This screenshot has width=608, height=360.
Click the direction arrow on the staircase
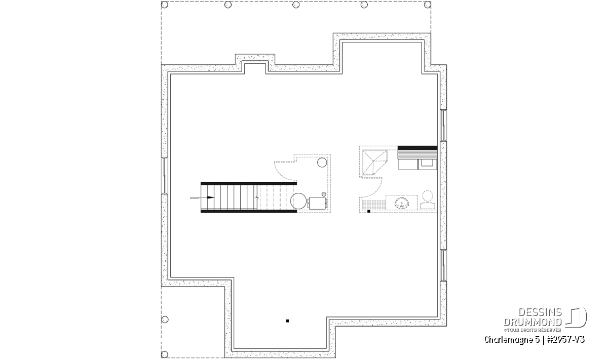[202, 197]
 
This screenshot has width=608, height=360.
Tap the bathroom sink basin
[401, 203]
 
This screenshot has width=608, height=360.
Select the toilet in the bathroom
[428, 200]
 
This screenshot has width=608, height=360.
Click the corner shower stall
[374, 162]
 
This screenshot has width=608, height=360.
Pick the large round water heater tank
[298, 201]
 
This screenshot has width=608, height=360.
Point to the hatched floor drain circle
[324, 194]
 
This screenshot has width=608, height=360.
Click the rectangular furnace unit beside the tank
[317, 203]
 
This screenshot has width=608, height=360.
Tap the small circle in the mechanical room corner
[322, 163]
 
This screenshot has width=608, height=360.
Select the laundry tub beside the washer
[428, 165]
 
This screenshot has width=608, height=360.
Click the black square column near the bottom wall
[287, 321]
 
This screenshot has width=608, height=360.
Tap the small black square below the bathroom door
[369, 211]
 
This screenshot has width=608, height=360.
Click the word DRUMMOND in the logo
[533, 322]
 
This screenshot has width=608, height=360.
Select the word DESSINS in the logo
[540, 312]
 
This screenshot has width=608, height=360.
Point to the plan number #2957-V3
[566, 340]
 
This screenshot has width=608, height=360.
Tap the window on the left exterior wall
[165, 176]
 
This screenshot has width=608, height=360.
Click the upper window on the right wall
[443, 125]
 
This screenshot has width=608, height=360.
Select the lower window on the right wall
[443, 265]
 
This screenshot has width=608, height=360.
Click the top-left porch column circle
[165, 5]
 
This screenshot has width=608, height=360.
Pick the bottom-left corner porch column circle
[165, 354]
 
